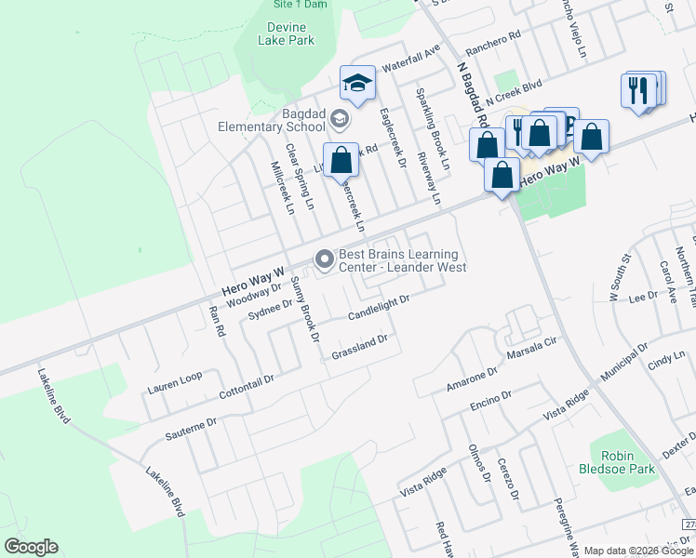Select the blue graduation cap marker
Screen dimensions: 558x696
pyautogui.click(x=356, y=85)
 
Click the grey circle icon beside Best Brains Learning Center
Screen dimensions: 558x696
pyautogui.click(x=325, y=259)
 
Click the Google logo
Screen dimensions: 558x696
pyautogui.click(x=31, y=547)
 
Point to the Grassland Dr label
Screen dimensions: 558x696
pyautogui.click(x=359, y=349)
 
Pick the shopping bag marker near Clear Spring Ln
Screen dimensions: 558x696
pyautogui.click(x=341, y=160)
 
